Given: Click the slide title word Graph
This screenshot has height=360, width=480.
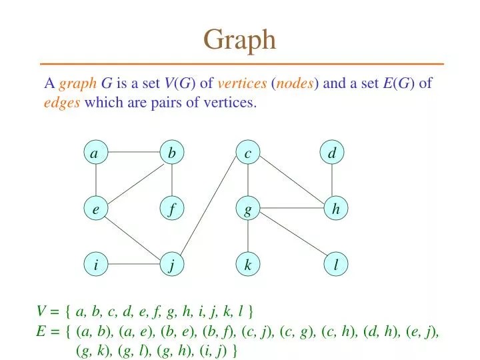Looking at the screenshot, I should pos(239,40).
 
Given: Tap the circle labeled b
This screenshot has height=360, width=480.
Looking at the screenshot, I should pos(172,154).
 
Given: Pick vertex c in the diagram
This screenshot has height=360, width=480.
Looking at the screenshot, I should pos(248,154).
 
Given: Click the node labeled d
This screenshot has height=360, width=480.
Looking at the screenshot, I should pos(332,154).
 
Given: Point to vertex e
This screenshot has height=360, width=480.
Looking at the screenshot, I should pos(96,209).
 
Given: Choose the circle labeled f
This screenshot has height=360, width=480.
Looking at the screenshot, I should pos(172,209).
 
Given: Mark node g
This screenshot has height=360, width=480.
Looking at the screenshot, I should pos(248,209).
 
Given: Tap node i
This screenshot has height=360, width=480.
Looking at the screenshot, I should pos(96,265).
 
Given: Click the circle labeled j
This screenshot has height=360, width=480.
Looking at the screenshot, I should pos(172,265).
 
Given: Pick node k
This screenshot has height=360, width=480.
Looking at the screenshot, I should pos(248,265).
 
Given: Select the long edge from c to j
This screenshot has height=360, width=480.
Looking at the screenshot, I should pos(210,209).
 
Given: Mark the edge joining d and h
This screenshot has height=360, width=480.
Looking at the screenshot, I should pos(332,181).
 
